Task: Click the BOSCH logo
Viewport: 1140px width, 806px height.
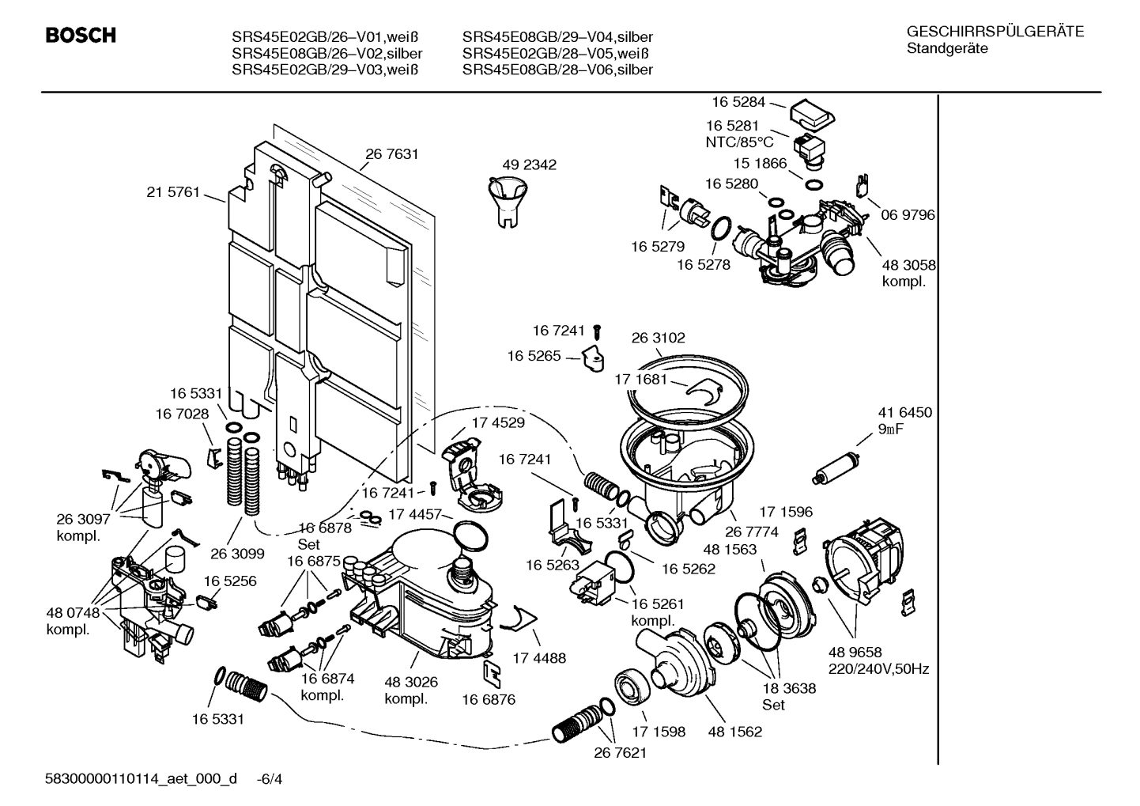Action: click(80, 36)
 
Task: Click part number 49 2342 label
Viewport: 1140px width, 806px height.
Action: click(529, 165)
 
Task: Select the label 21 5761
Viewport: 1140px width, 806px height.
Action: click(172, 192)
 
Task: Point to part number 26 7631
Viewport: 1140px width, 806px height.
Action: click(391, 154)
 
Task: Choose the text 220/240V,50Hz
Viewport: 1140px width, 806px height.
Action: click(878, 669)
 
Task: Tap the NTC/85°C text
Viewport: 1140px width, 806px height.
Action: click(739, 142)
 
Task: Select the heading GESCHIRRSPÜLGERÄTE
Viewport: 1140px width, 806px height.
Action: click(995, 32)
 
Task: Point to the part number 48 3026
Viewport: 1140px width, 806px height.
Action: click(411, 682)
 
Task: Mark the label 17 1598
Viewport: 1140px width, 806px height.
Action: click(658, 732)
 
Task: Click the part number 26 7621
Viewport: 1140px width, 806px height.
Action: click(620, 753)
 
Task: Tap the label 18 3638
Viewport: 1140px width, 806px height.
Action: click(789, 688)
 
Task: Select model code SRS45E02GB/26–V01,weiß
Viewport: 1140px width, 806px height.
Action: click(325, 37)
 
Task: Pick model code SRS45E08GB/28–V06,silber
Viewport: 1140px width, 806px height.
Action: click(557, 70)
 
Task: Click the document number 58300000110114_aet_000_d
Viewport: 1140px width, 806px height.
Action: click(141, 779)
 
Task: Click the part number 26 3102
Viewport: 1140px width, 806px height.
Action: click(658, 338)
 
